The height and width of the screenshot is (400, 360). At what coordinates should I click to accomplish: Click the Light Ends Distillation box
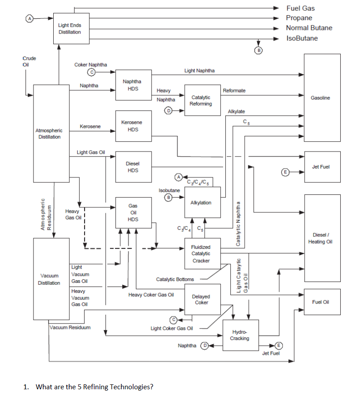(x=69, y=28)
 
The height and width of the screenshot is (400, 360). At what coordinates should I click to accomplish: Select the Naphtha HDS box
(x=132, y=85)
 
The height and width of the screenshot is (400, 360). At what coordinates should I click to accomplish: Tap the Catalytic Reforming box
(x=201, y=100)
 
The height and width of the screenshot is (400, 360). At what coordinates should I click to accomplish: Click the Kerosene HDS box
(x=132, y=126)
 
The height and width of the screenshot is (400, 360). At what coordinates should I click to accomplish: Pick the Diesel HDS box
(x=132, y=167)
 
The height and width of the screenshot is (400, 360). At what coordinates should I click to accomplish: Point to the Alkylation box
(x=201, y=202)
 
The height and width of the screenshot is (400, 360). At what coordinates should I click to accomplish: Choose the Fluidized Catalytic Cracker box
(x=201, y=253)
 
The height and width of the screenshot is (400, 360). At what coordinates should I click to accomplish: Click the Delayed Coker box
(x=201, y=299)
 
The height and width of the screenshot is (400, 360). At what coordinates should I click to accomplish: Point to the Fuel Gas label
(x=300, y=8)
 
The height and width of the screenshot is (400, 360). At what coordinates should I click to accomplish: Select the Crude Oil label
(x=29, y=61)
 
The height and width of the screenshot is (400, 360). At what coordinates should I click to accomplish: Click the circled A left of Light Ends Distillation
(x=30, y=19)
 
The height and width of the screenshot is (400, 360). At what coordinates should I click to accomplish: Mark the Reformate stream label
(x=234, y=90)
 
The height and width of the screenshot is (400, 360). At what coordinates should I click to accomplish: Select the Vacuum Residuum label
(x=70, y=327)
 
